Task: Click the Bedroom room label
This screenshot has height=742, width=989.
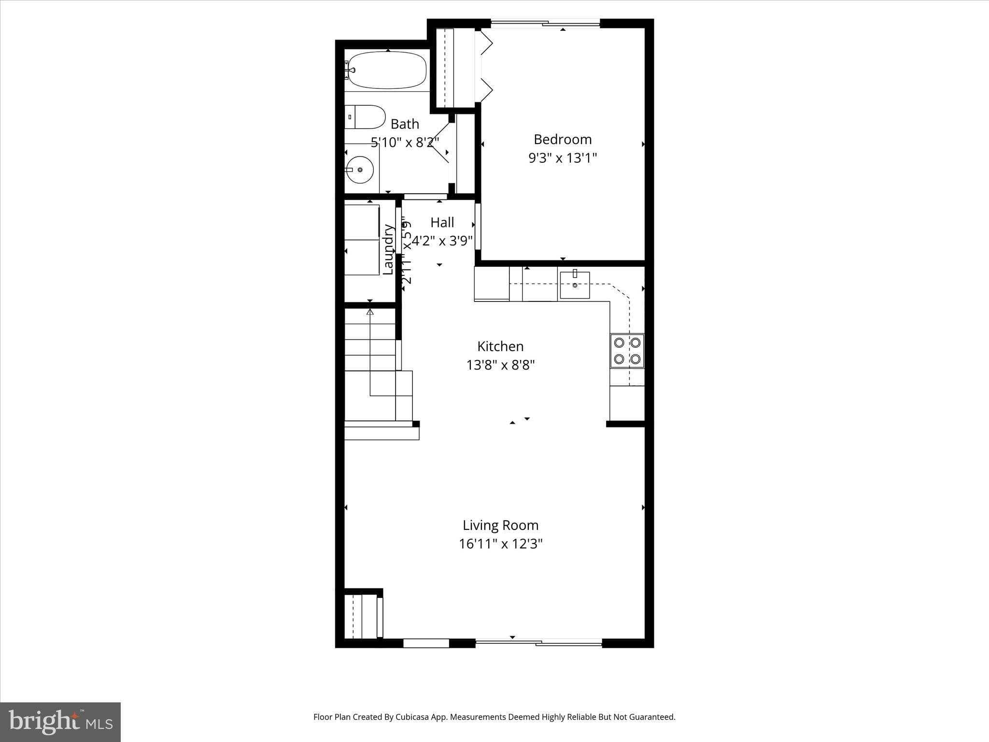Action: tap(563, 140)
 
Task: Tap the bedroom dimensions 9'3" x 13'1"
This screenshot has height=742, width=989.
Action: tap(563, 158)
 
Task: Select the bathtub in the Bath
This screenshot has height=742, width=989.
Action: tap(387, 71)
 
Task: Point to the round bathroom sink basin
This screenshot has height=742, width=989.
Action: tap(360, 170)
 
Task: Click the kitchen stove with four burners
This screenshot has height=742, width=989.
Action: tap(627, 351)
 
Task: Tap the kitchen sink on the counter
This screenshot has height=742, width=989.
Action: tap(575, 285)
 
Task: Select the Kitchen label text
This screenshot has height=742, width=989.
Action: tap(500, 346)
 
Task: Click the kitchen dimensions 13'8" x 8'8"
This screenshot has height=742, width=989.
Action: tap(500, 365)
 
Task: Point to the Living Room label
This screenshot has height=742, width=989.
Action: tap(500, 525)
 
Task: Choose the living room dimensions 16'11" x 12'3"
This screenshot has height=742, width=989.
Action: tap(500, 544)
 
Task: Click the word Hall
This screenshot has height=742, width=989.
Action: tap(442, 223)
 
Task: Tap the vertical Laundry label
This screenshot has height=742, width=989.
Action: tap(387, 249)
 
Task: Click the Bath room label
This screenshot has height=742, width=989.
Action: tap(405, 124)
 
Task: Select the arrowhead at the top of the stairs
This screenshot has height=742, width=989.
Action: tap(370, 312)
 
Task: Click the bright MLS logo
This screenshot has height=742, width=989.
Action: tap(60, 722)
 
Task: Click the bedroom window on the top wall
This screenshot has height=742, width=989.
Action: tap(545, 23)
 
